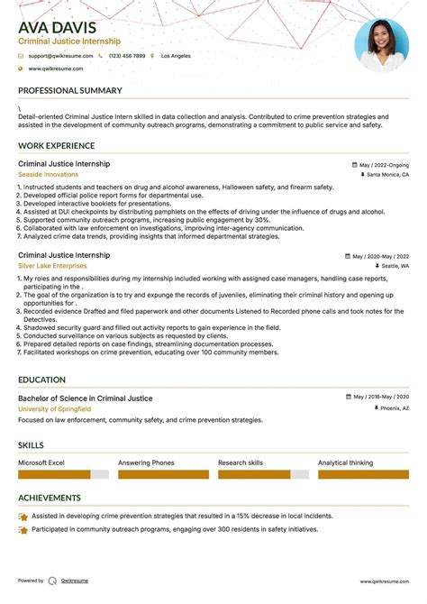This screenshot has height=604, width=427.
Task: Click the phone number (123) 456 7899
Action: coord(126,56)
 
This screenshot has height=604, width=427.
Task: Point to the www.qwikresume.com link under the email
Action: coord(55,69)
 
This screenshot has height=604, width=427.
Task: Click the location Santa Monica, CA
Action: coord(387,175)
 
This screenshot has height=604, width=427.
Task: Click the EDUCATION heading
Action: coord(41,380)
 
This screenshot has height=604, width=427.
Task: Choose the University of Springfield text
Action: coord(54,408)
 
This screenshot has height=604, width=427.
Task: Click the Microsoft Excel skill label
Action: coord(41,462)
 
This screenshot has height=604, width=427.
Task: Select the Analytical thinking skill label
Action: coord(345,462)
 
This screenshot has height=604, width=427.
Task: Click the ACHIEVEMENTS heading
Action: coord(49,497)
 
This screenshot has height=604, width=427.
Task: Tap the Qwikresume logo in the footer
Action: coord(52,581)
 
